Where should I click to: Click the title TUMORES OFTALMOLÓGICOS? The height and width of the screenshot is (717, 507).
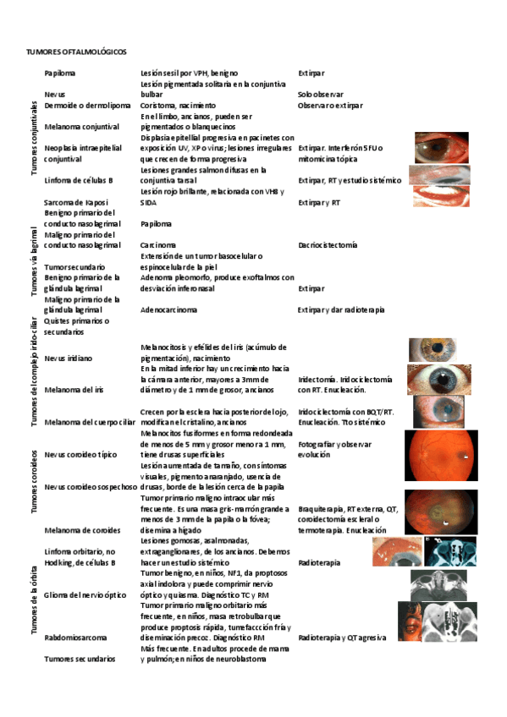[x=77, y=52]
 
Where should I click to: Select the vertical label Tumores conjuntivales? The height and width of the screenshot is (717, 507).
[x=34, y=139]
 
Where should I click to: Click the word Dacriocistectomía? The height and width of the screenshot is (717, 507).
[x=328, y=245]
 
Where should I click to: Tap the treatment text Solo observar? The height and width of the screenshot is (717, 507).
[x=318, y=95]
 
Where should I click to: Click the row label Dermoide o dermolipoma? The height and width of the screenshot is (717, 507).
[x=87, y=106]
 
